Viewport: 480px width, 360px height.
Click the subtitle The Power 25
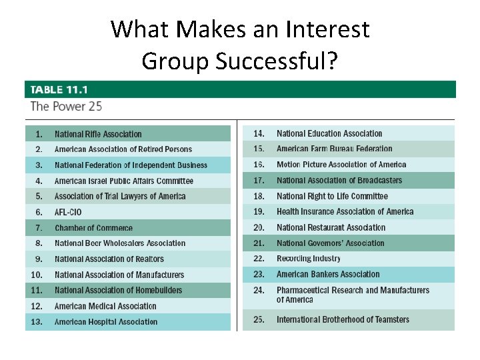(66, 106)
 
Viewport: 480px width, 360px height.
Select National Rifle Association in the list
(98, 134)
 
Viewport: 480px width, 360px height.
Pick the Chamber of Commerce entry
(93, 228)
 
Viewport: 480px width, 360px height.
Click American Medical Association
(105, 306)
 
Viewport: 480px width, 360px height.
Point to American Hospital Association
(106, 322)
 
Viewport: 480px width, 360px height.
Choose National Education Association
(329, 134)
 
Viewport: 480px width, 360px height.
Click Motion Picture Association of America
(341, 165)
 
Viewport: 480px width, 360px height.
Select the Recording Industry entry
(309, 259)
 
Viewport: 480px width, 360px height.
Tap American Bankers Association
(328, 274)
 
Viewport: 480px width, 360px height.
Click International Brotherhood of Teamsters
(343, 319)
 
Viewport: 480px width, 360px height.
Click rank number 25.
(259, 319)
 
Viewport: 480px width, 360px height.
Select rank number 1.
(39, 134)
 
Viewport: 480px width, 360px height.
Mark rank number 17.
(259, 180)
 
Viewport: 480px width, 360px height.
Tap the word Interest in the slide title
(327, 29)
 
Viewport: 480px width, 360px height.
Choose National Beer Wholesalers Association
(120, 243)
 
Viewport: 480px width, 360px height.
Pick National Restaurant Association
(331, 227)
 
